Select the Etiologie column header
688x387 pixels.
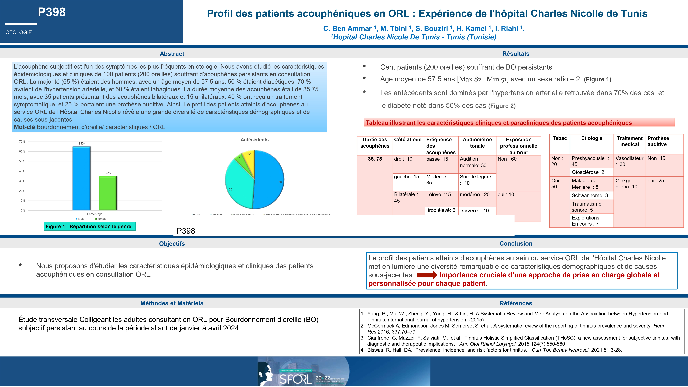592,138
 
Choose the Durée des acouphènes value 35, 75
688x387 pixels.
375,159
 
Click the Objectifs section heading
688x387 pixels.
172,244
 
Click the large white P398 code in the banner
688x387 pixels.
52,12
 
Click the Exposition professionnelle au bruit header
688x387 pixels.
518,146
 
